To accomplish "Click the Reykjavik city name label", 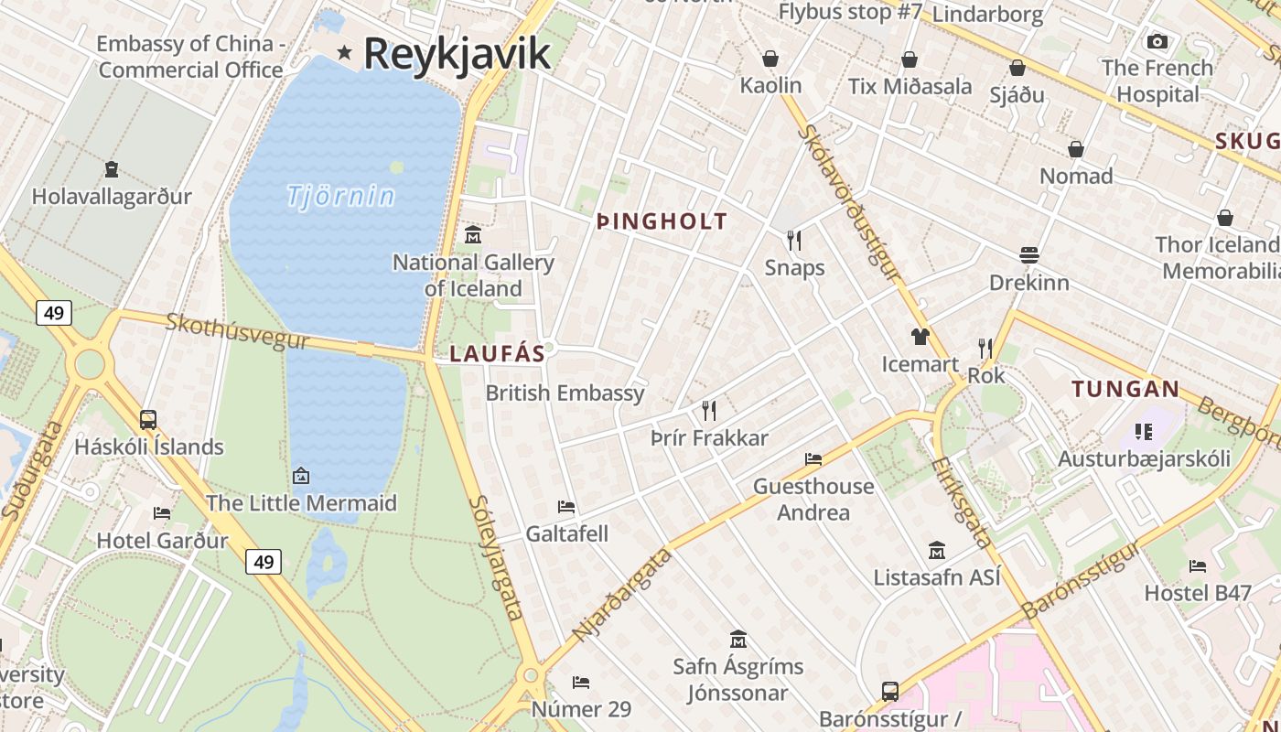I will coord(457,53).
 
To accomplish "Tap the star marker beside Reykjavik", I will coord(344,52).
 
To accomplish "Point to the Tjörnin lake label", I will coord(340,196).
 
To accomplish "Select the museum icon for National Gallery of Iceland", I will coord(473,235).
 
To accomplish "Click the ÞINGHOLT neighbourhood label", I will coord(662,221).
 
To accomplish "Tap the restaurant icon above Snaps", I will coord(794,240).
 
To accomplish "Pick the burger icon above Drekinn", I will coord(1029,255).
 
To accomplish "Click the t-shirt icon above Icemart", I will coord(920,337).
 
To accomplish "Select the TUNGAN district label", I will coord(1125,389).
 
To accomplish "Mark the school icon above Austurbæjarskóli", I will coord(1143,431).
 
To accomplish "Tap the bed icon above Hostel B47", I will coord(1198,565).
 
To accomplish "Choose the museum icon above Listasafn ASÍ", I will coord(937,550).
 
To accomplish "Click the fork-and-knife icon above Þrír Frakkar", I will coord(709,410).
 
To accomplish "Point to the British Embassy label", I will coord(565,393).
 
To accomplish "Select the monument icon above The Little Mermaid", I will coord(300,476).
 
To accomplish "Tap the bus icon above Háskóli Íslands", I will coord(148,420).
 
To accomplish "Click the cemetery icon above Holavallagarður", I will coord(112,169).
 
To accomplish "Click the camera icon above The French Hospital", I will coord(1157,41).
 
